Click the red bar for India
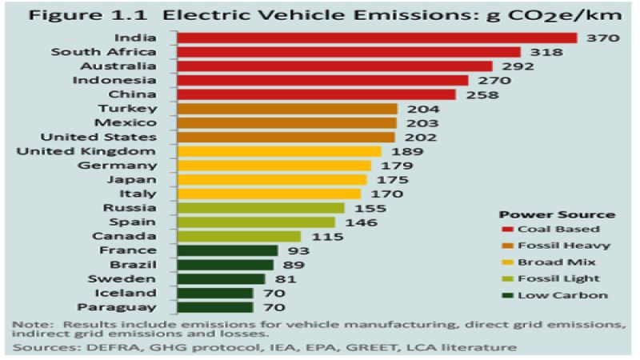[376, 38]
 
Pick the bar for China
[315, 94]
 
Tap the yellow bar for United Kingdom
[278, 151]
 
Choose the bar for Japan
[271, 180]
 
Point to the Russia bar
[260, 208]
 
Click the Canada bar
[238, 236]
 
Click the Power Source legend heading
[556, 214]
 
